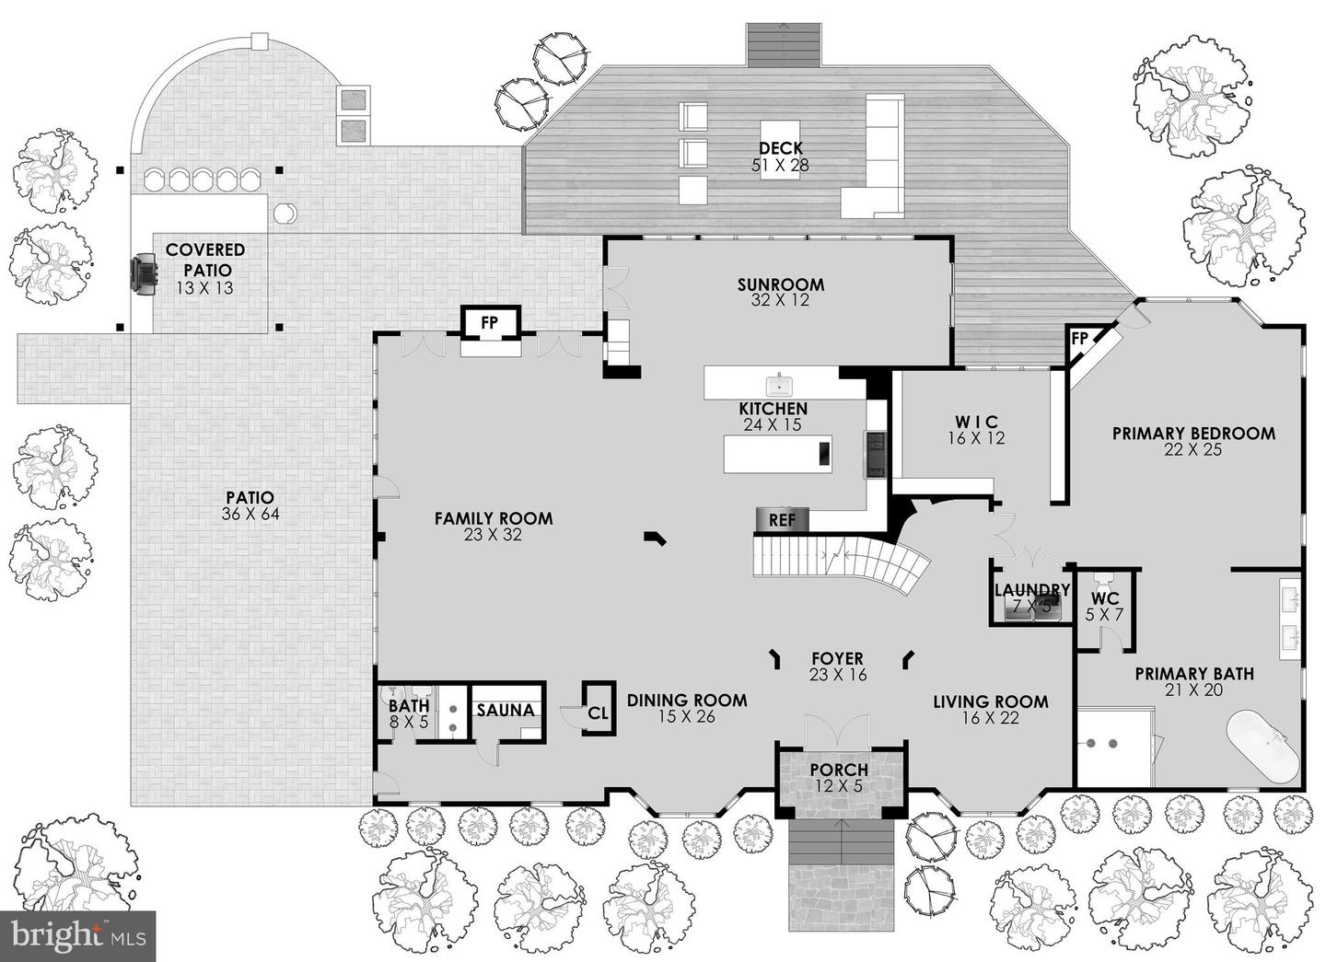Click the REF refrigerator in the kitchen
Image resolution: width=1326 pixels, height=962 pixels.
pyautogui.click(x=782, y=519)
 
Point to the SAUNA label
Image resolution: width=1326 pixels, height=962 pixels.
pyautogui.click(x=506, y=710)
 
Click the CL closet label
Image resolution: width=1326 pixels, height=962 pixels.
pyautogui.click(x=598, y=713)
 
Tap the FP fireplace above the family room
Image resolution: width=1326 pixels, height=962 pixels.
pyautogui.click(x=490, y=322)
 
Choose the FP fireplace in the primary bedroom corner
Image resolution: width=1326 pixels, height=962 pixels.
pyautogui.click(x=1080, y=339)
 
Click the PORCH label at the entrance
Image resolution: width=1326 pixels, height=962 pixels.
pyautogui.click(x=839, y=770)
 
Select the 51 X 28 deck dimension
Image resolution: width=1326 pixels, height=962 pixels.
pyautogui.click(x=780, y=165)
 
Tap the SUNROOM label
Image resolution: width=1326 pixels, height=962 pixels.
pyautogui.click(x=780, y=284)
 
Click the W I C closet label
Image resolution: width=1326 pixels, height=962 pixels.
pyautogui.click(x=976, y=422)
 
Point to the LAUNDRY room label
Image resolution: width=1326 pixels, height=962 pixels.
pyautogui.click(x=1032, y=590)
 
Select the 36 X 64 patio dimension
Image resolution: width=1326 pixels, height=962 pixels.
pyautogui.click(x=250, y=514)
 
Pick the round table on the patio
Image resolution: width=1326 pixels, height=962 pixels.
pyautogui.click(x=285, y=213)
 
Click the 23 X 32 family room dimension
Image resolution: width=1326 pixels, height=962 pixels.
pyautogui.click(x=494, y=535)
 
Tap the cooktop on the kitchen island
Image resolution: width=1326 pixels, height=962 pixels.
pyautogui.click(x=824, y=454)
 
